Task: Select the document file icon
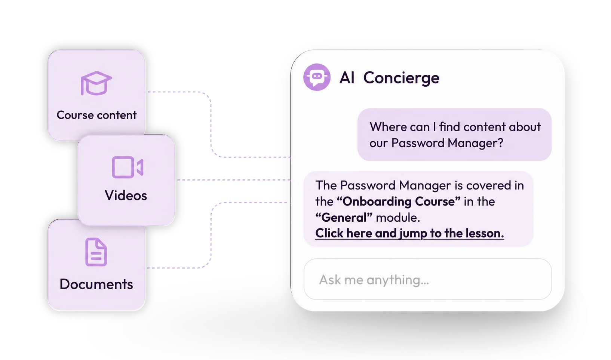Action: pos(96,252)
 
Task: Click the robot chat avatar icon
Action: pos(317,77)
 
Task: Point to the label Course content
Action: pos(96,115)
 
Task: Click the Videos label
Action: pos(126,196)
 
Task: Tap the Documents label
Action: pos(96,284)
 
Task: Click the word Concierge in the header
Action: pos(401,79)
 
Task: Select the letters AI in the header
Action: pos(347,78)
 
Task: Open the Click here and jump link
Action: pos(409,234)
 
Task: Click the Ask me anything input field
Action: pos(428,279)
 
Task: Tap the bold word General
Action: pos(344,218)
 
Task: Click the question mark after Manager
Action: pos(500,143)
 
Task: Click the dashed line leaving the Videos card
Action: pos(234,180)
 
